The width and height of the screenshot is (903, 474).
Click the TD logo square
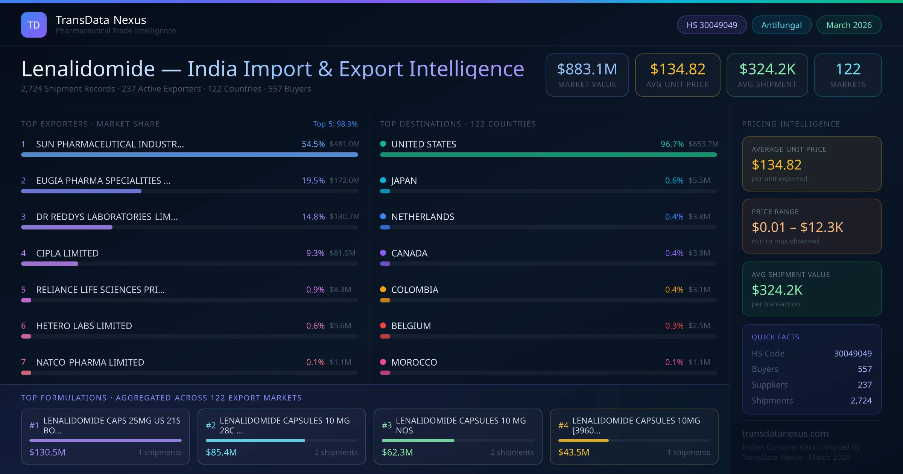click(34, 25)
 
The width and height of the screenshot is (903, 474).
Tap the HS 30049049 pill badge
click(711, 25)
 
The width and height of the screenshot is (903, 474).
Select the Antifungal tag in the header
click(781, 25)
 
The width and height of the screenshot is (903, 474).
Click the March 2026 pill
click(849, 25)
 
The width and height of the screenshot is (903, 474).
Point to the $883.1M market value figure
click(587, 69)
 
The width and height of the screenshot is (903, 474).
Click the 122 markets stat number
click(848, 69)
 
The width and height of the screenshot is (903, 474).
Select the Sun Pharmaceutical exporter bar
click(190, 155)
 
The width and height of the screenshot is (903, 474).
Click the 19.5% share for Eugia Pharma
click(313, 181)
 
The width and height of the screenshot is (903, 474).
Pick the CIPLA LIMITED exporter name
click(67, 253)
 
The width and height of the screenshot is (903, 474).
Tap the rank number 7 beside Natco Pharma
click(23, 362)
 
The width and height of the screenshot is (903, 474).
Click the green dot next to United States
click(383, 144)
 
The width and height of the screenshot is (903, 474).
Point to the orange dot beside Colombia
click(383, 289)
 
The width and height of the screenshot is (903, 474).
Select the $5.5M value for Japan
click(699, 181)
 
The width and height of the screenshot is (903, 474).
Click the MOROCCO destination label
click(414, 362)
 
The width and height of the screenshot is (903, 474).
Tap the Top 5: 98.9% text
click(335, 124)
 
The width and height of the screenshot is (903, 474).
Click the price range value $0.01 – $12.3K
click(797, 227)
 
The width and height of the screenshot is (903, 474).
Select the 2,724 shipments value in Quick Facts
click(861, 401)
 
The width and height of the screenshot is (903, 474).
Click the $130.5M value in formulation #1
click(47, 452)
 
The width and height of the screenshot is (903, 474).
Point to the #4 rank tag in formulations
click(563, 425)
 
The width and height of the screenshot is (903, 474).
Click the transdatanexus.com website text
click(785, 434)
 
